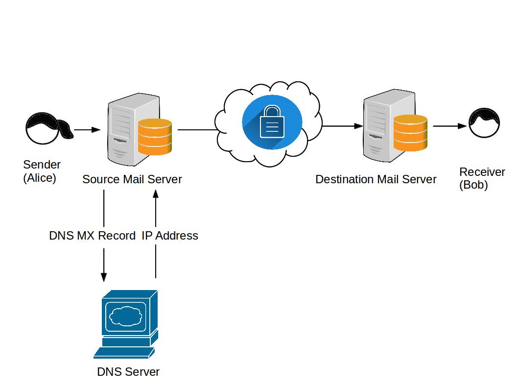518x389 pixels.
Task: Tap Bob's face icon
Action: [x=485, y=124]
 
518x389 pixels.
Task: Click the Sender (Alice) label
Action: [x=41, y=171]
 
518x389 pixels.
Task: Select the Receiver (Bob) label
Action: [x=482, y=178]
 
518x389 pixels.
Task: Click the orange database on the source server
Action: [x=155, y=136]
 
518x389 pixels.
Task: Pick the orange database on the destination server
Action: [x=410, y=132]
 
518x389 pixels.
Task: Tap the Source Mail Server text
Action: [x=132, y=179]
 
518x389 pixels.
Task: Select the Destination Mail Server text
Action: [x=376, y=179]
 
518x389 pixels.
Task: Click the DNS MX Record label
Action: [x=92, y=236]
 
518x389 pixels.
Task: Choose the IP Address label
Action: [x=170, y=236]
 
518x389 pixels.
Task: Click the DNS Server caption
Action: [x=128, y=372]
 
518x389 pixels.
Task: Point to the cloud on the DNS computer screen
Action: [x=126, y=316]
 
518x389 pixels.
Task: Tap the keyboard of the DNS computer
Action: [x=123, y=353]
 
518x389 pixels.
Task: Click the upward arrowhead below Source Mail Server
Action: [x=156, y=194]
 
